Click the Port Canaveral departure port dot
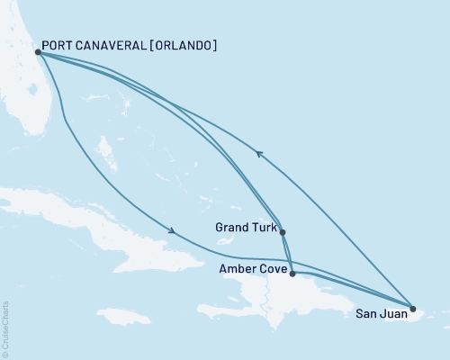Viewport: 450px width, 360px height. (x=38, y=52)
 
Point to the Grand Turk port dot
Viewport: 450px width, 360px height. (x=283, y=232)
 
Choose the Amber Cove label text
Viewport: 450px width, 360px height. (x=253, y=268)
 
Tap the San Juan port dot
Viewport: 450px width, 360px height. (x=412, y=309)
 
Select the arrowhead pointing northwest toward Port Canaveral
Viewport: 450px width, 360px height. (x=259, y=154)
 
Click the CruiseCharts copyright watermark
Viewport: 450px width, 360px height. (x=5, y=328)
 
